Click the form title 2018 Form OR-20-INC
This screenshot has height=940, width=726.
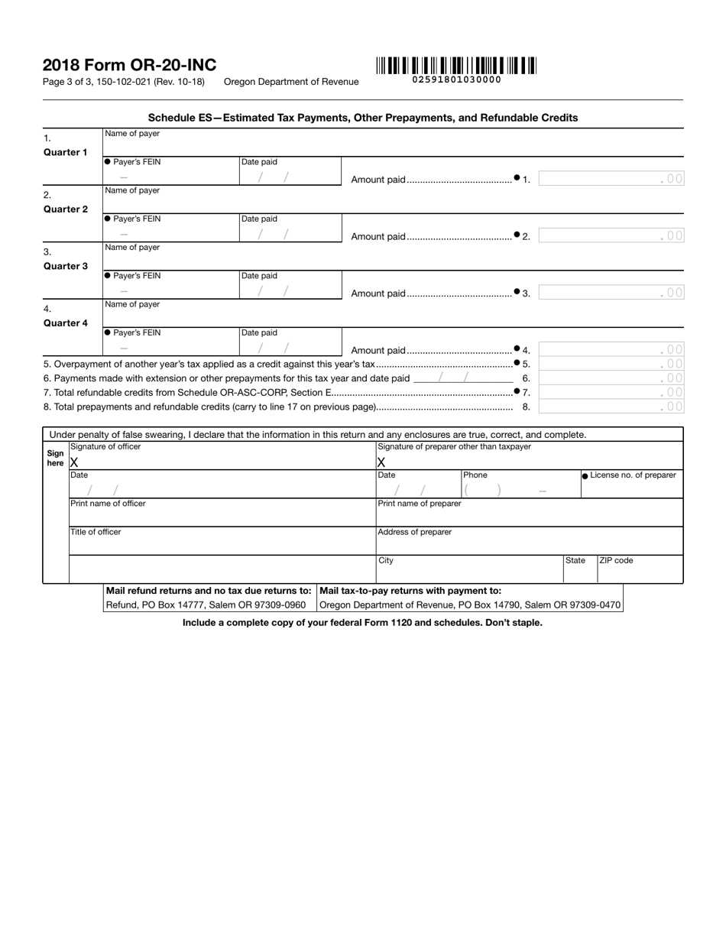[129, 66]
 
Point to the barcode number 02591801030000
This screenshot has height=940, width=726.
[456, 79]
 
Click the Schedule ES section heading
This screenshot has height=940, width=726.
[362, 118]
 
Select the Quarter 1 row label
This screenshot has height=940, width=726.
[65, 152]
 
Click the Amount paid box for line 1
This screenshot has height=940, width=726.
[611, 180]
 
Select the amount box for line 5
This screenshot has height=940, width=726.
[611, 364]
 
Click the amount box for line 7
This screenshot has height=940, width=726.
[611, 392]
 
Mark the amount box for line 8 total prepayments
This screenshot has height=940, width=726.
[611, 407]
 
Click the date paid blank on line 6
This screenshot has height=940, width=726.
[463, 378]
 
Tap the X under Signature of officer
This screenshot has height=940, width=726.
[74, 462]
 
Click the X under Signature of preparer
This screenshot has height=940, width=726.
[381, 462]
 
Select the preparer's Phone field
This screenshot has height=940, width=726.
[520, 490]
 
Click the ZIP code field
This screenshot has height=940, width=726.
[640, 572]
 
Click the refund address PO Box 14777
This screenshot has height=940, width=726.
[206, 605]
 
